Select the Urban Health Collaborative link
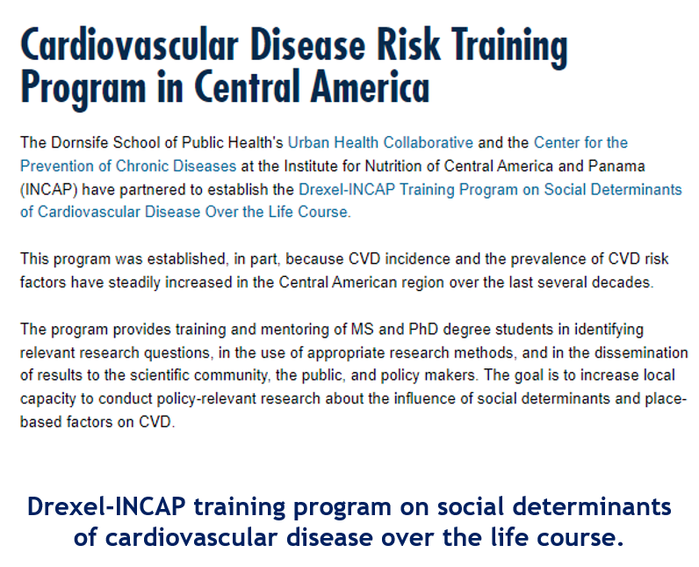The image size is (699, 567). tap(380, 142)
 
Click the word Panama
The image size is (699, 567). tap(616, 166)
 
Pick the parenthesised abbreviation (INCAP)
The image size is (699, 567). tap(49, 190)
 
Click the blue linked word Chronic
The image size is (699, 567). tap(142, 166)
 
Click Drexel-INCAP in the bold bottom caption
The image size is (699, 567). tap(106, 506)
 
